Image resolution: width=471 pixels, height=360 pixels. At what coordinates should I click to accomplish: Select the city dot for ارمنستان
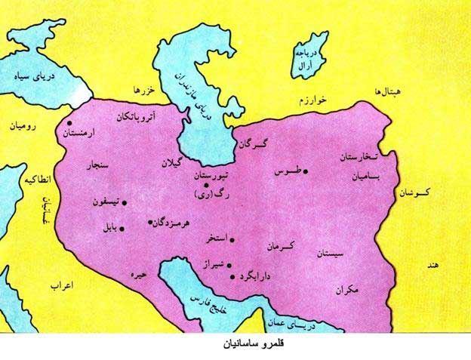(69, 123)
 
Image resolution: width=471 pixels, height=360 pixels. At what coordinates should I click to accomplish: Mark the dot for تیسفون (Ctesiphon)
(124, 202)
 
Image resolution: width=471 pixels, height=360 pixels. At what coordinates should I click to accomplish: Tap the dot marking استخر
(232, 240)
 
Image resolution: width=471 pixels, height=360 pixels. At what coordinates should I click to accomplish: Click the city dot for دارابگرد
(232, 277)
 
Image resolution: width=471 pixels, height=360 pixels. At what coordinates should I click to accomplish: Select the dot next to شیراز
(228, 266)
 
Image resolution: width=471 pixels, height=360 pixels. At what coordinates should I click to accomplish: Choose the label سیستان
(333, 254)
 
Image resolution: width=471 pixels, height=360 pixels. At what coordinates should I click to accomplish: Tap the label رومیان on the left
(23, 127)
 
